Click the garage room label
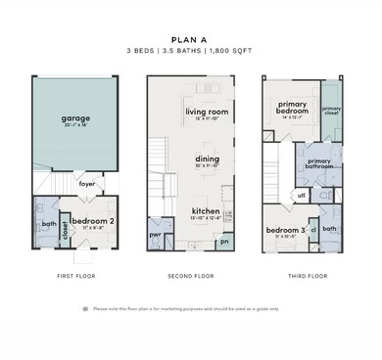[76, 118]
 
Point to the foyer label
[87, 183]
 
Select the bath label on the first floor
[48, 224]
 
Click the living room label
[206, 112]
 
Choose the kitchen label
[206, 210]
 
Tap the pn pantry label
[225, 241]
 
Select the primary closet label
[331, 110]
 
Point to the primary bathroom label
[319, 163]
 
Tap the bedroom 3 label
[286, 231]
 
